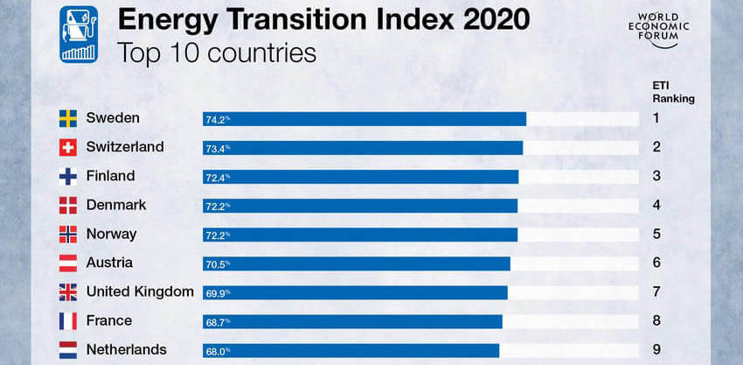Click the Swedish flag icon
pyautogui.click(x=68, y=119)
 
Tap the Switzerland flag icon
pyautogui.click(x=68, y=148)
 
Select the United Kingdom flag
pyautogui.click(x=68, y=292)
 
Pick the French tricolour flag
pyautogui.click(x=68, y=321)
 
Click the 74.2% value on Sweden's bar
pyautogui.click(x=217, y=119)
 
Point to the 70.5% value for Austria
pyautogui.click(x=217, y=263)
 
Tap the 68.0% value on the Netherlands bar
pyautogui.click(x=217, y=350)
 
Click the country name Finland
pyautogui.click(x=110, y=176)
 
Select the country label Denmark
pyautogui.click(x=115, y=205)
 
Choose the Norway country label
pyautogui.click(x=111, y=234)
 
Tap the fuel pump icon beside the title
pyautogui.click(x=78, y=33)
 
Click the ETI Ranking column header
pyautogui.click(x=672, y=92)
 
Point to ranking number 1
pyautogui.click(x=656, y=118)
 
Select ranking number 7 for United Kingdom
pyautogui.click(x=656, y=291)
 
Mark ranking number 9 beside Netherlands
pyautogui.click(x=656, y=349)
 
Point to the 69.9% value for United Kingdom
pyautogui.click(x=217, y=292)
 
